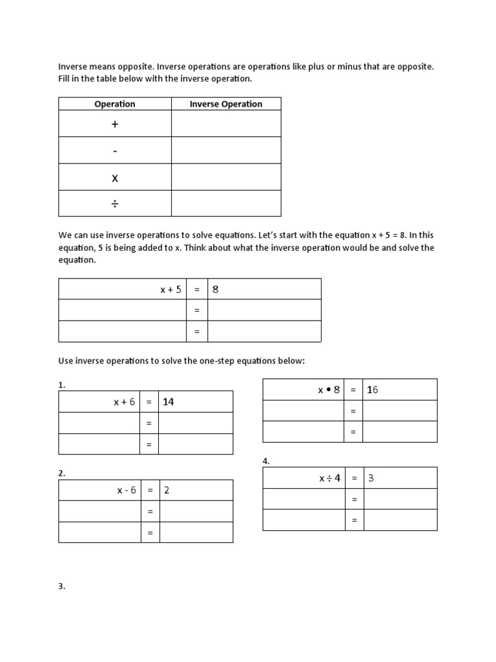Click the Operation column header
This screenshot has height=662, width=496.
tap(115, 104)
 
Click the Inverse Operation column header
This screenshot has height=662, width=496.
tap(225, 104)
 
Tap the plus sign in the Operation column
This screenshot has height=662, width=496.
tap(115, 123)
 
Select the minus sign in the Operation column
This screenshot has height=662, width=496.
tap(115, 151)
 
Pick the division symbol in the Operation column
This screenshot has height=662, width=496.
tap(115, 204)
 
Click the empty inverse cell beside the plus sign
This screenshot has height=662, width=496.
tap(225, 123)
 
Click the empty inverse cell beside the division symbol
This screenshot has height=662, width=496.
tap(225, 203)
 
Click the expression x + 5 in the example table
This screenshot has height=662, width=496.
tap(171, 290)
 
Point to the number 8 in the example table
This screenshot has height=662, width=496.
tap(216, 290)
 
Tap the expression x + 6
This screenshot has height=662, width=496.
tap(125, 402)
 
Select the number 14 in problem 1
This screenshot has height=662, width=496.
tap(169, 402)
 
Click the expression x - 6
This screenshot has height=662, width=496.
tap(127, 490)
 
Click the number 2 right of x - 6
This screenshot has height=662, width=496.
tap(167, 490)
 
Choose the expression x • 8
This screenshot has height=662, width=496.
tap(329, 390)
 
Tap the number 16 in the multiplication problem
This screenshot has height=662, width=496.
tap(372, 390)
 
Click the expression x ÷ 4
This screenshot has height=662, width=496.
tap(329, 478)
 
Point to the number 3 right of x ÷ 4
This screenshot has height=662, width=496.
tap(371, 478)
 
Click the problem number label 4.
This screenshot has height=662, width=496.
tap(266, 461)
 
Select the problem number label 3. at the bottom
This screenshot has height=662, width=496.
tap(62, 587)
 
